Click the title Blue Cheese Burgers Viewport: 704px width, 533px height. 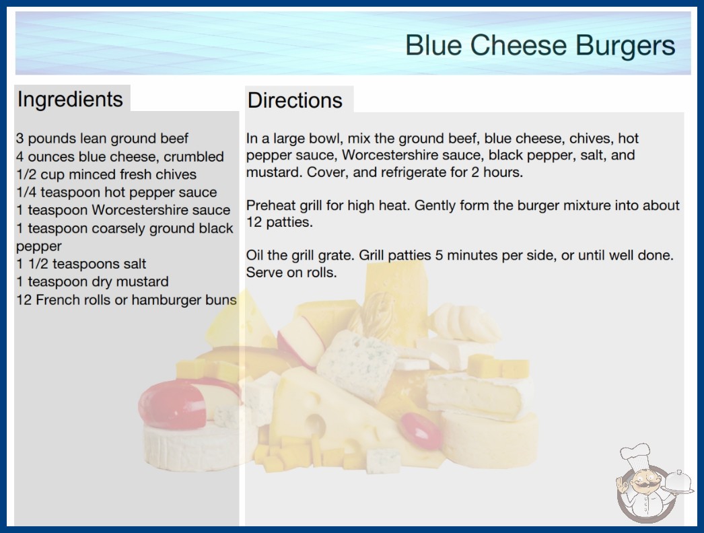pyautogui.click(x=540, y=45)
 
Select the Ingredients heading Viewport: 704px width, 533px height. pyautogui.click(x=70, y=100)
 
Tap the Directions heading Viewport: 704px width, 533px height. pyautogui.click(x=295, y=100)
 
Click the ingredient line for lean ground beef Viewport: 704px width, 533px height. pyautogui.click(x=102, y=139)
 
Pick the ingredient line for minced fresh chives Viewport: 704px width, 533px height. pyautogui.click(x=106, y=174)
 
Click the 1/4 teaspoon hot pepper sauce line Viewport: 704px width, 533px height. pyautogui.click(x=116, y=192)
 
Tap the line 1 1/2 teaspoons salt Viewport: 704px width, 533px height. pyautogui.click(x=81, y=264)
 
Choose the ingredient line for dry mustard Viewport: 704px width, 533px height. pyautogui.click(x=92, y=281)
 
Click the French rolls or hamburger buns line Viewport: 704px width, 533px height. pyautogui.click(x=126, y=299)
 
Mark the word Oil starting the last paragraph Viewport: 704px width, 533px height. pyautogui.click(x=254, y=255)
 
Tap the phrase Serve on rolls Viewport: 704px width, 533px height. pyautogui.click(x=291, y=272)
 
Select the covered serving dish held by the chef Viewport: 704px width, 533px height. pyautogui.click(x=678, y=483)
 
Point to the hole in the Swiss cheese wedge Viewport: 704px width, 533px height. pyautogui.click(x=316, y=425)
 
